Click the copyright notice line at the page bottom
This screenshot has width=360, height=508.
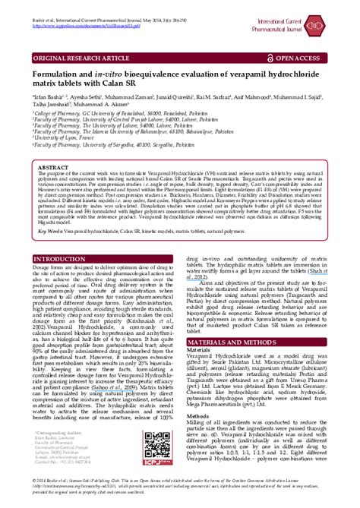[179, 495]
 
